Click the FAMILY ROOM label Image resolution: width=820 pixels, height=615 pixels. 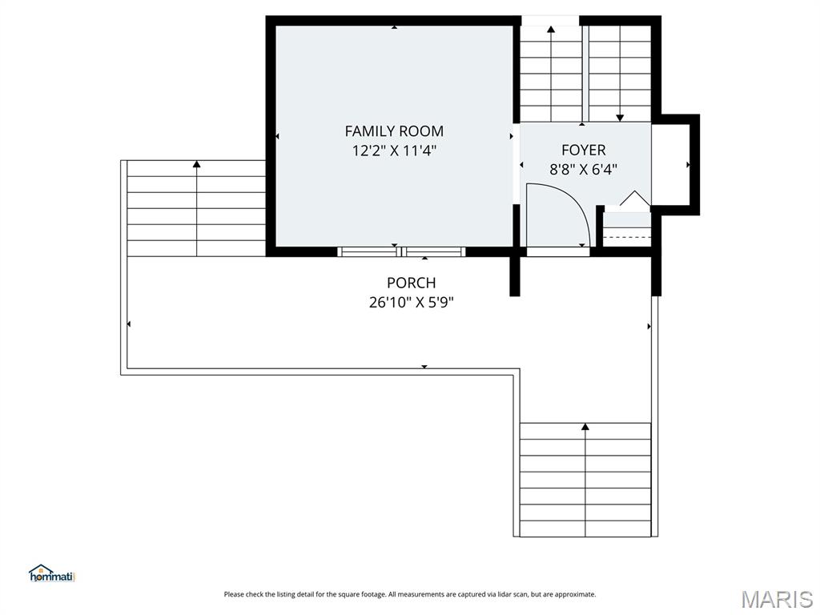(x=394, y=131)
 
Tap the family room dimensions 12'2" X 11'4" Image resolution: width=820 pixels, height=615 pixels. (x=394, y=150)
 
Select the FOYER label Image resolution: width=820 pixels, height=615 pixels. (x=583, y=150)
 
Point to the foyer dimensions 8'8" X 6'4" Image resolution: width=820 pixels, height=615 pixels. (x=583, y=169)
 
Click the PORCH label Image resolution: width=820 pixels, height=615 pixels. (x=411, y=283)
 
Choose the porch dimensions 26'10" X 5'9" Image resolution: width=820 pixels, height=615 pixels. (x=411, y=302)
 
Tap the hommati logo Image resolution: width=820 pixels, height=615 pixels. (x=51, y=573)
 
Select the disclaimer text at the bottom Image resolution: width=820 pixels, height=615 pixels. (x=409, y=594)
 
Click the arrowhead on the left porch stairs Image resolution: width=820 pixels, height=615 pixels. (x=196, y=164)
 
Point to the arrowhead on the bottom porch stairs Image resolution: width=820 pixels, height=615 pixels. (x=585, y=427)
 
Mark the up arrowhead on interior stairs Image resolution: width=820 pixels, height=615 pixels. (x=551, y=30)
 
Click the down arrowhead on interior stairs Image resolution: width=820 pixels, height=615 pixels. (x=620, y=118)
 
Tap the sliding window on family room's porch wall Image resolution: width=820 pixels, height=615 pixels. (x=402, y=251)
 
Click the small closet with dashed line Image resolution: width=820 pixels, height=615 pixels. (x=626, y=232)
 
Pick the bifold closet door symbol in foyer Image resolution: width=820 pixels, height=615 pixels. (x=634, y=200)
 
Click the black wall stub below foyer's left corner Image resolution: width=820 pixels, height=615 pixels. (x=516, y=276)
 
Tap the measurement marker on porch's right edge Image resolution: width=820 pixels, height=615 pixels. (x=649, y=326)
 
